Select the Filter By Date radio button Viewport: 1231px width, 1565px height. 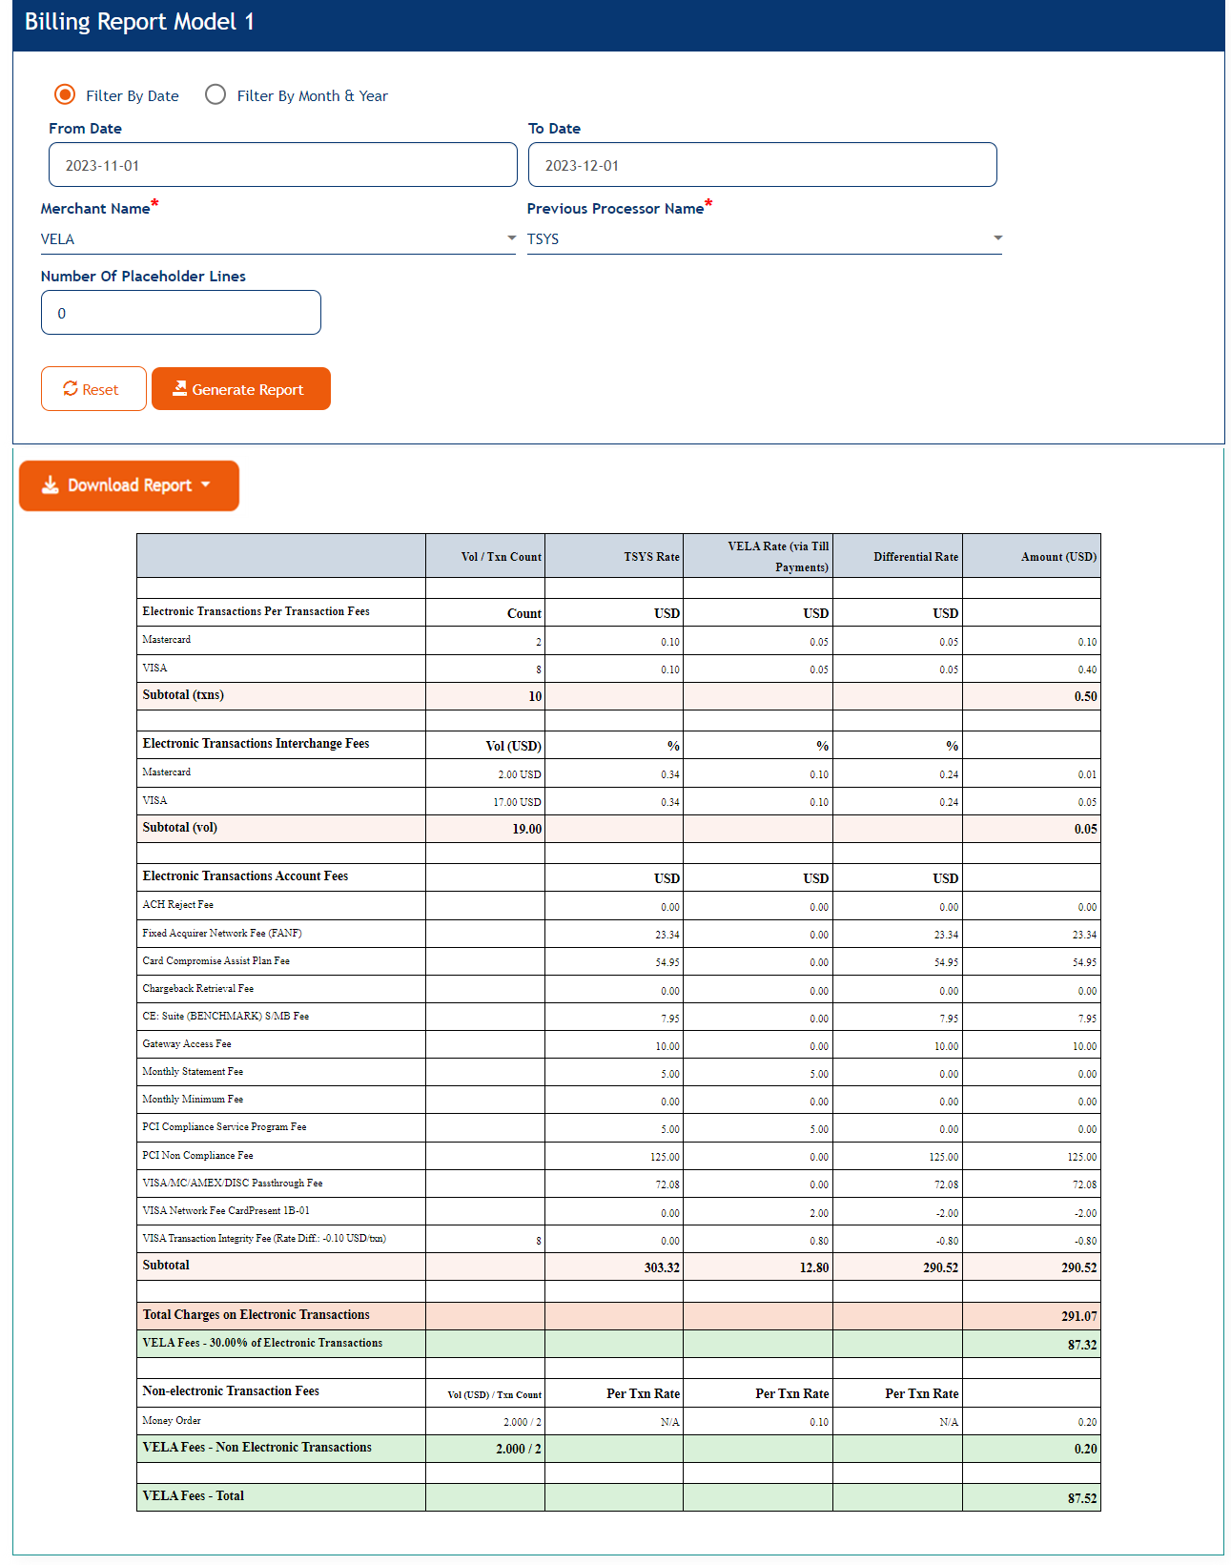click(65, 94)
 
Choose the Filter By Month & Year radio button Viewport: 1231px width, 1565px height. click(215, 94)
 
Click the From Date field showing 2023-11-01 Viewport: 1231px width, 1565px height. click(282, 165)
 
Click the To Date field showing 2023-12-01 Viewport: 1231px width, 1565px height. click(762, 165)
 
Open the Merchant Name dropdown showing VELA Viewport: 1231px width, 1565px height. click(277, 238)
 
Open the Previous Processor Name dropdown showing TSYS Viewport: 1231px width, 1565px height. click(764, 238)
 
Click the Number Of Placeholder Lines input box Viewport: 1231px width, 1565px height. click(181, 313)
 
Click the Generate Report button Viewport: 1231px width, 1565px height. click(240, 389)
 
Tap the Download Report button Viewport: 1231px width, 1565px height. click(129, 485)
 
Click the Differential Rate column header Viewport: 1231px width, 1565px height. click(915, 557)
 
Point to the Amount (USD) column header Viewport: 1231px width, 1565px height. click(1058, 557)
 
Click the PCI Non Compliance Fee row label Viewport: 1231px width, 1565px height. click(197, 1156)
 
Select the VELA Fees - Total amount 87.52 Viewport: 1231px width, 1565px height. click(1082, 1498)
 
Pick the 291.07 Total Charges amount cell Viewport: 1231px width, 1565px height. click(1078, 1316)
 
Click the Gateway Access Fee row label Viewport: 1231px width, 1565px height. click(187, 1044)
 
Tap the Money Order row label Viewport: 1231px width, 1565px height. click(172, 1421)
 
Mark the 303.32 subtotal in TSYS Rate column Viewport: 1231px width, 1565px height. click(662, 1267)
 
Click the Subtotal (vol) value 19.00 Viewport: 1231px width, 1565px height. click(526, 829)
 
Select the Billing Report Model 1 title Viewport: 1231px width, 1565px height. click(139, 22)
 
